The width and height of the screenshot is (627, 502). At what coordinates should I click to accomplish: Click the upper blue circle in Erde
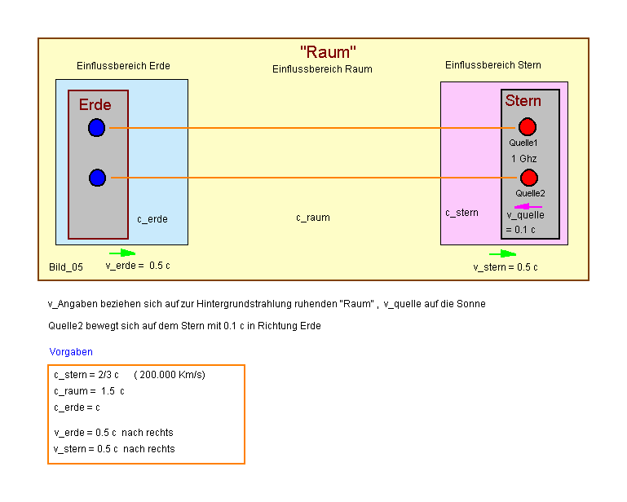point(97,127)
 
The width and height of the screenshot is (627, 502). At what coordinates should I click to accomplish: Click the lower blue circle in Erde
point(97,178)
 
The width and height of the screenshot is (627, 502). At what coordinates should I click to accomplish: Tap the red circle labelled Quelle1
point(528,127)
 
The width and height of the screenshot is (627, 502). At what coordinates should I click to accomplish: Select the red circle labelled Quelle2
point(529,178)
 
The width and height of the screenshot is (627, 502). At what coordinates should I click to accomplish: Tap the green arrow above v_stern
point(502,254)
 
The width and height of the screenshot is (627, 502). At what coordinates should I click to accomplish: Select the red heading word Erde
point(95,105)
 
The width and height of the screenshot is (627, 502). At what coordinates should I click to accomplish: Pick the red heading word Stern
point(523,101)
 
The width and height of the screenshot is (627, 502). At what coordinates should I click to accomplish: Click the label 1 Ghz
point(524,159)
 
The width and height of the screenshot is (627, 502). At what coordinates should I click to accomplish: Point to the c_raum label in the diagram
point(313,218)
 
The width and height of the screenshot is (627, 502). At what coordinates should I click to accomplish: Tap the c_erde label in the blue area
point(152,219)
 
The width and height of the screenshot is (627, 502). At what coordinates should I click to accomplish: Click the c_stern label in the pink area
point(461,213)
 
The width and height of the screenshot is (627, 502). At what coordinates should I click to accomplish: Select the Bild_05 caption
point(66,266)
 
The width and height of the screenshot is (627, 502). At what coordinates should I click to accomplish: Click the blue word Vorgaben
point(71,352)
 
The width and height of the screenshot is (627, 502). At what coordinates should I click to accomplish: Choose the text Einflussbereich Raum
point(322,69)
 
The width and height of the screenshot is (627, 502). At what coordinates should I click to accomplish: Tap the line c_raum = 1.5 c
point(89,391)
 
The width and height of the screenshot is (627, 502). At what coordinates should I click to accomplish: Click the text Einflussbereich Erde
point(123,66)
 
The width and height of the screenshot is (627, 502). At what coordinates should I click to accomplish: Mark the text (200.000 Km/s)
point(170,375)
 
